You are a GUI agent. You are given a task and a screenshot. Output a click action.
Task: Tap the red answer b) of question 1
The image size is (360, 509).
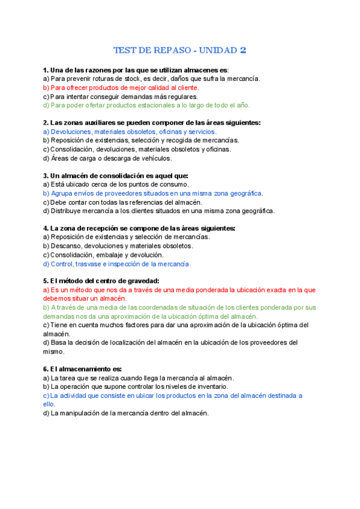click(x=121, y=88)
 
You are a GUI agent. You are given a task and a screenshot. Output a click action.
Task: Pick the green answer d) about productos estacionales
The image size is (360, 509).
click(x=138, y=105)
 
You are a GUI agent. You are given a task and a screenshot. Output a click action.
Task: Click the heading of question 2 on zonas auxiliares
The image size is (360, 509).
click(x=152, y=122)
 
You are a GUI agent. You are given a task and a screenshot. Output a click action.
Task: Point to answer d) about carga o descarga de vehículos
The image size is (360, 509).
click(x=107, y=158)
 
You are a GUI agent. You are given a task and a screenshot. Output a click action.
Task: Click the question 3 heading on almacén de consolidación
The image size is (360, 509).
click(x=116, y=176)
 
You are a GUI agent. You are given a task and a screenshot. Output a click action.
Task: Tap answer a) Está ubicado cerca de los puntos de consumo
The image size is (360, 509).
click(x=116, y=184)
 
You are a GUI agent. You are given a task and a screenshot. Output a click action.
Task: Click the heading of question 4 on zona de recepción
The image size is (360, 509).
click(x=139, y=228)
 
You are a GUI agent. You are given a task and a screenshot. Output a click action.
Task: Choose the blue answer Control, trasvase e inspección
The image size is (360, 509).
click(x=117, y=264)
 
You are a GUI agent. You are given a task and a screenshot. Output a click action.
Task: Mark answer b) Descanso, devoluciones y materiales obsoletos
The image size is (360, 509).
click(x=118, y=246)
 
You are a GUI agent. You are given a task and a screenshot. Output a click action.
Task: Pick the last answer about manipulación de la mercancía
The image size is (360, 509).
click(x=125, y=413)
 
